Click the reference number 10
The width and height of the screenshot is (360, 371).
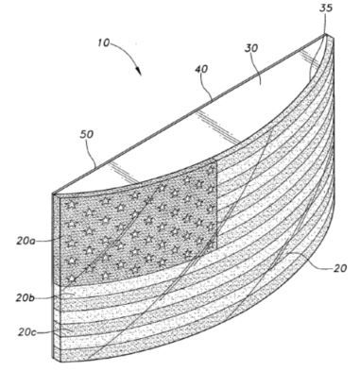pyautogui.click(x=103, y=42)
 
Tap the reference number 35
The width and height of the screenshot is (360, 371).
pyautogui.click(x=326, y=8)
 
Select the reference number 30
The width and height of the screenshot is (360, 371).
pyautogui.click(x=251, y=48)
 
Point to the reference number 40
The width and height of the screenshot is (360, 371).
pyautogui.click(x=201, y=69)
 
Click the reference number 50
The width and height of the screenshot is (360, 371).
pyautogui.click(x=87, y=134)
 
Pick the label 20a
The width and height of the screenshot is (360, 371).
pyautogui.click(x=26, y=242)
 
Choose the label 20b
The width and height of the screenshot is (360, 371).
pyautogui.click(x=25, y=297)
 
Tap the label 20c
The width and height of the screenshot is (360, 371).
pyautogui.click(x=27, y=332)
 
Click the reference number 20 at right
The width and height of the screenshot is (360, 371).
pyautogui.click(x=339, y=268)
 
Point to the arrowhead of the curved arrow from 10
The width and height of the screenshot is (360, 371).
pyautogui.click(x=138, y=71)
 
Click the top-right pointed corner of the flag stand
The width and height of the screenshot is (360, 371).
pyautogui.click(x=326, y=34)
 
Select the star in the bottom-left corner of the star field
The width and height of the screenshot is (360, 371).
pyautogui.click(x=72, y=278)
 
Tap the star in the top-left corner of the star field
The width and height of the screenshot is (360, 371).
pyautogui.click(x=72, y=205)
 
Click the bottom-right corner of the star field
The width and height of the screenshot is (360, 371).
pyautogui.click(x=217, y=248)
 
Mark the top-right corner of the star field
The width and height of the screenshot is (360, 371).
pyautogui.click(x=217, y=160)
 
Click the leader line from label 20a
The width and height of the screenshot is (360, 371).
pyautogui.click(x=48, y=241)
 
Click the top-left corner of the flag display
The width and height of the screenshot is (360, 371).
pyautogui.click(x=53, y=193)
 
